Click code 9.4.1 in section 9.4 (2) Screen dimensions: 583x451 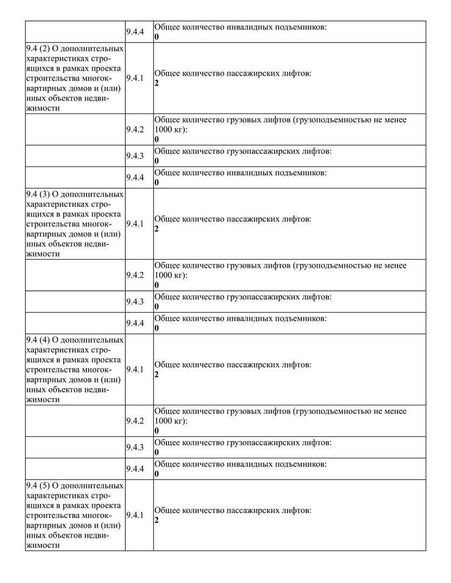[x=135, y=78]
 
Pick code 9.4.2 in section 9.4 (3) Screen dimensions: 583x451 [x=135, y=275]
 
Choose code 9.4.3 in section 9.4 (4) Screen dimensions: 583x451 [x=135, y=448]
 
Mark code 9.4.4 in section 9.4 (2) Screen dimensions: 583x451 [x=135, y=178]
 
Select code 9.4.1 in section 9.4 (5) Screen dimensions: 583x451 [x=135, y=515]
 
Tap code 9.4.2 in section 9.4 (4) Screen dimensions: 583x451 [x=135, y=421]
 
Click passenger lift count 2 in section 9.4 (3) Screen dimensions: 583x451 [x=157, y=229]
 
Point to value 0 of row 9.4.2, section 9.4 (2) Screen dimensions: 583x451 [x=157, y=139]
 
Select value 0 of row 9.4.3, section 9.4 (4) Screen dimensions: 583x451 [x=157, y=452]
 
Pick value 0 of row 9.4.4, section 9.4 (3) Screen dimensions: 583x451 [x=157, y=328]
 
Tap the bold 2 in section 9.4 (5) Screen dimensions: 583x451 [x=157, y=520]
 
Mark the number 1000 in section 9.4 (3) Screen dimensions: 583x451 [x=163, y=275]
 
